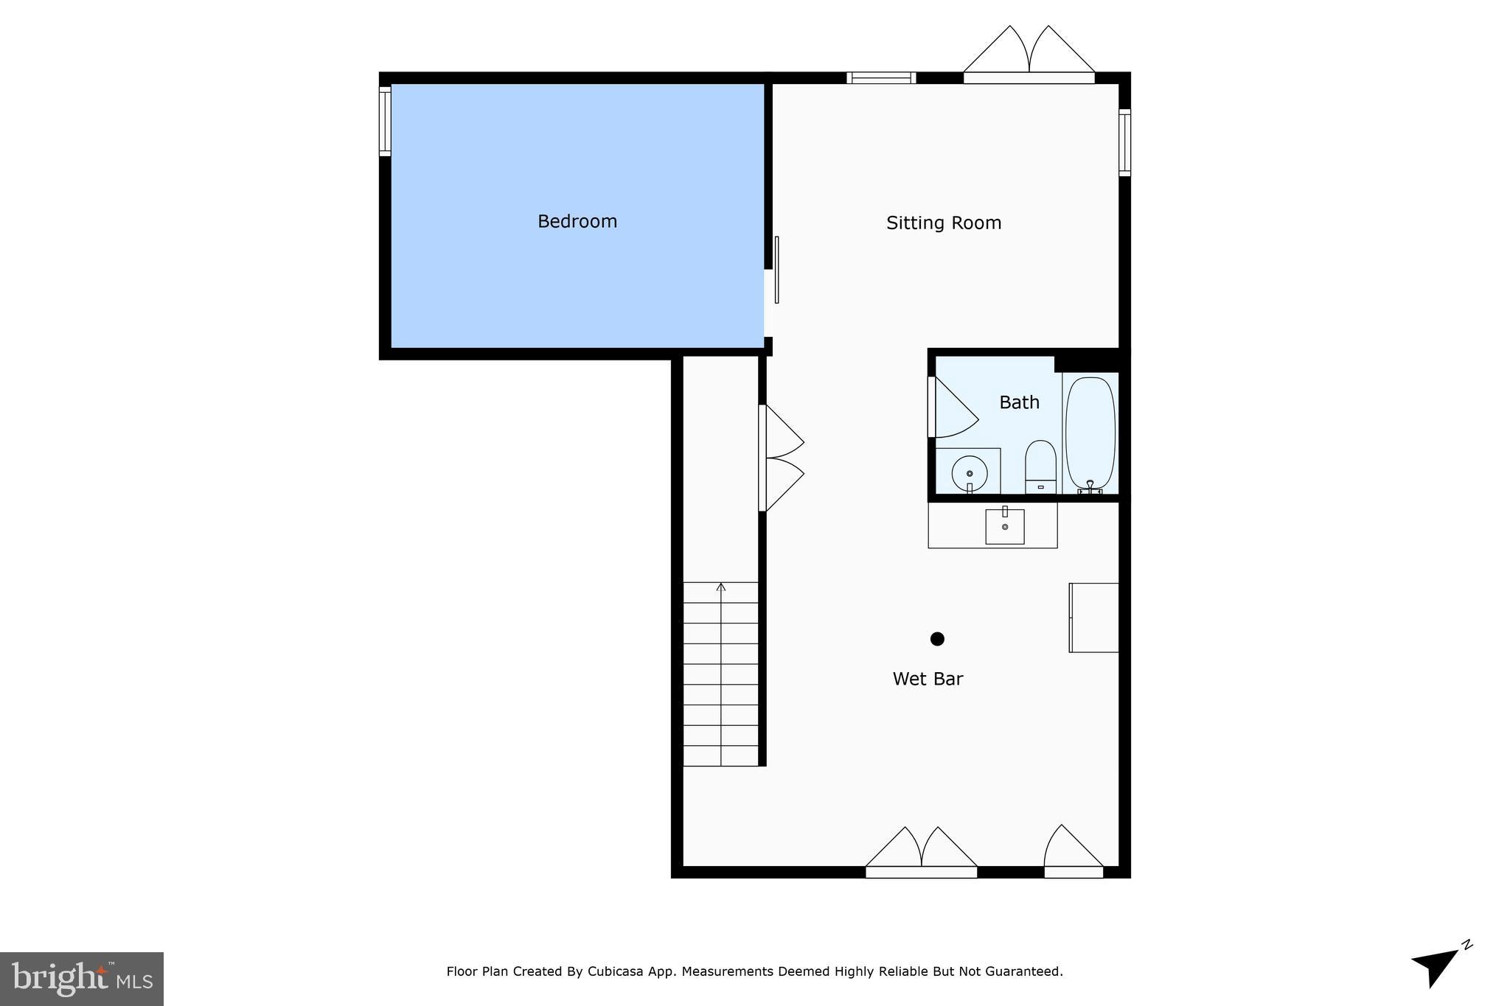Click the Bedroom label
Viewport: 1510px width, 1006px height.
pos(577,221)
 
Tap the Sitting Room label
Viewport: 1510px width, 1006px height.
pos(943,223)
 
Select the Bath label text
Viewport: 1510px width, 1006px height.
pos(1019,402)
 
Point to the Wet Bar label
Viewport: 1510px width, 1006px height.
pos(928,679)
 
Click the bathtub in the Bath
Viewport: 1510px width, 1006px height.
pos(1090,433)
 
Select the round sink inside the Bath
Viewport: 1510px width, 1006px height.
pos(969,473)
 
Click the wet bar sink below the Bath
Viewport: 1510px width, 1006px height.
pos(1004,526)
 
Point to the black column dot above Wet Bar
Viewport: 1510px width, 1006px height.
pos(937,639)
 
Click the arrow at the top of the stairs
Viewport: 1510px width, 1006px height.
pos(721,587)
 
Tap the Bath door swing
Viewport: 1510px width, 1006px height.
pos(954,410)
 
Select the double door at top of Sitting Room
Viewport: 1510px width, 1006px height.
pos(1029,55)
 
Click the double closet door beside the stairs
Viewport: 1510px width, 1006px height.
pos(782,458)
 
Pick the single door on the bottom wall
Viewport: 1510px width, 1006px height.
pos(1073,851)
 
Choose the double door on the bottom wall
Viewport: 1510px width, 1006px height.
pos(921,853)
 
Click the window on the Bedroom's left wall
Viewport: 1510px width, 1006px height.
pos(385,121)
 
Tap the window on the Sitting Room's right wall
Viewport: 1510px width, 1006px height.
pos(1124,142)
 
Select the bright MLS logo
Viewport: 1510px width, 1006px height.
pos(82,979)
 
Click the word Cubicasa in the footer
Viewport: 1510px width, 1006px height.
pos(616,971)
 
